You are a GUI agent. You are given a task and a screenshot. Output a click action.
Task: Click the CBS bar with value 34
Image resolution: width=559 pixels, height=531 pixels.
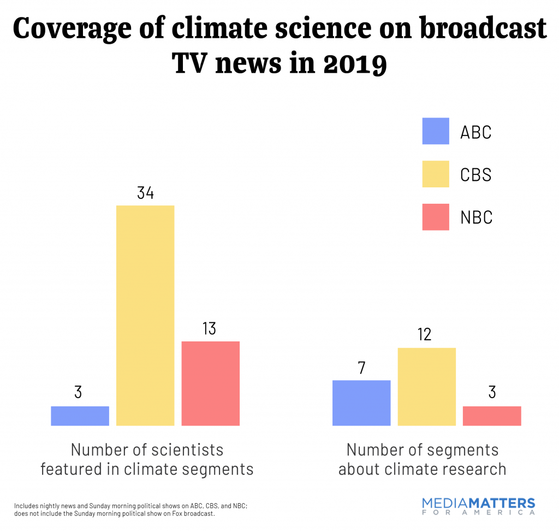pos(145,315)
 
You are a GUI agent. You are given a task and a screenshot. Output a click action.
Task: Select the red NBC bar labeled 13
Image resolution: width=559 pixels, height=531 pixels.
pos(210,383)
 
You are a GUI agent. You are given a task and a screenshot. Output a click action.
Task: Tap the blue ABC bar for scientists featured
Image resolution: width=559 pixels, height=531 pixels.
pos(80,416)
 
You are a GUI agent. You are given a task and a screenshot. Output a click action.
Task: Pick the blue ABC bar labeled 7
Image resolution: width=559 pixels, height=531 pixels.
pos(361,403)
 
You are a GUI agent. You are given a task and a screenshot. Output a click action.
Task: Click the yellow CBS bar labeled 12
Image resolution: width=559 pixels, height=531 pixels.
pos(426,386)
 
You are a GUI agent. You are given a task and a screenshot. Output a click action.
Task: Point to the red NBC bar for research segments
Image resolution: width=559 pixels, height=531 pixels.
pos(491,416)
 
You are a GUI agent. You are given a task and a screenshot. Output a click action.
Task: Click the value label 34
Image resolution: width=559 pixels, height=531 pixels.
pos(145,193)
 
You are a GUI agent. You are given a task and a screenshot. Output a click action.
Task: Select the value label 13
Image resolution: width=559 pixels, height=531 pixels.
pos(210,329)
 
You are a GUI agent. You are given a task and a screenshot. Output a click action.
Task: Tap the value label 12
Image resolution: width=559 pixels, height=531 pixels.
pos(424,334)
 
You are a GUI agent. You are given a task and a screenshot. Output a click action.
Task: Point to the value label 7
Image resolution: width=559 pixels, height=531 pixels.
pos(361,367)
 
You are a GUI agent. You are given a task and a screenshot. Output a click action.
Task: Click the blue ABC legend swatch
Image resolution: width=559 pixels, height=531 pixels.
pos(435,131)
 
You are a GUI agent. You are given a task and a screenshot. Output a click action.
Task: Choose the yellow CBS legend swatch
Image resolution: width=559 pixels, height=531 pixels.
pos(435,174)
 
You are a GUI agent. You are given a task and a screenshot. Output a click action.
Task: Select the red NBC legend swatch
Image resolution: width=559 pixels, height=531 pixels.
pos(435,217)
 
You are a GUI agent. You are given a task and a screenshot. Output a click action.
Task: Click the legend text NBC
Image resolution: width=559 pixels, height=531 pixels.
pos(476,217)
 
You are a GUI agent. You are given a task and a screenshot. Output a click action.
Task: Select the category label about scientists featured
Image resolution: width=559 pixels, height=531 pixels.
pos(147,459)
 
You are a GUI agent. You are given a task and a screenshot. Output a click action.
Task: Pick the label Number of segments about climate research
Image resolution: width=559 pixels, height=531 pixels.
pos(422,459)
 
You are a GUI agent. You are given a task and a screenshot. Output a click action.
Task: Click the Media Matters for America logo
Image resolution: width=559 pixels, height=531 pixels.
pos(479,506)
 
